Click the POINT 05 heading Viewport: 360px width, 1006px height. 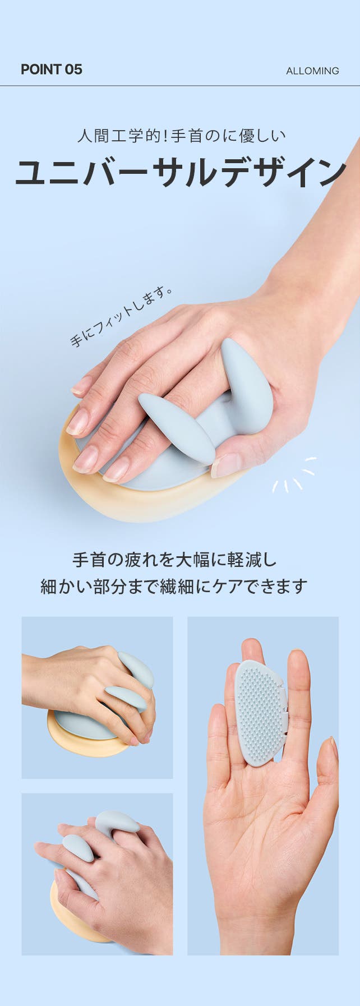(x=51, y=70)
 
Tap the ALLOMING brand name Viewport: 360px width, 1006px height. (x=312, y=71)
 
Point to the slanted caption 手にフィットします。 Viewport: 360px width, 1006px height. (x=121, y=316)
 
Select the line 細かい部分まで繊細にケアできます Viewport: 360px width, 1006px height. (x=174, y=586)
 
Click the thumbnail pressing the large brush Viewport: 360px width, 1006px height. (x=226, y=465)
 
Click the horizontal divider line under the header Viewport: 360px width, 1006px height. (x=180, y=86)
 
